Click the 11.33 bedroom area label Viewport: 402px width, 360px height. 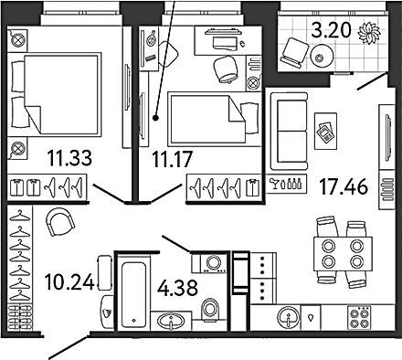(69, 158)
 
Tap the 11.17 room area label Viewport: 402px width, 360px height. (173, 159)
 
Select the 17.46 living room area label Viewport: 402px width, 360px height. (344, 186)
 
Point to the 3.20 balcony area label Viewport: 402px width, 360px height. (331, 30)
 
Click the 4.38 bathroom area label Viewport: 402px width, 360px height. (177, 288)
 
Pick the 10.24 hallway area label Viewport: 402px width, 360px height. (69, 282)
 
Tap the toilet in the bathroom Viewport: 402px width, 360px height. (210, 310)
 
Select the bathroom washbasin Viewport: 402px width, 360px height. (171, 321)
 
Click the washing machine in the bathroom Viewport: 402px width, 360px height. (210, 262)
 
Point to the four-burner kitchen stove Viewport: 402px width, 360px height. (360, 317)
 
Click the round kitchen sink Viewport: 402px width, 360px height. (288, 317)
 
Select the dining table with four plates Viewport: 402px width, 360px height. (343, 254)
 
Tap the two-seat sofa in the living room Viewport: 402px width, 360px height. (289, 131)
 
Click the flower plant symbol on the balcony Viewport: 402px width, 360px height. (369, 32)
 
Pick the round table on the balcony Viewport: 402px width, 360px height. (322, 56)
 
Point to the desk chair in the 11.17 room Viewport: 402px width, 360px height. (226, 69)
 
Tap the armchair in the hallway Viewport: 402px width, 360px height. (60, 221)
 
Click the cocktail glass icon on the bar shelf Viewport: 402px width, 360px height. (275, 184)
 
